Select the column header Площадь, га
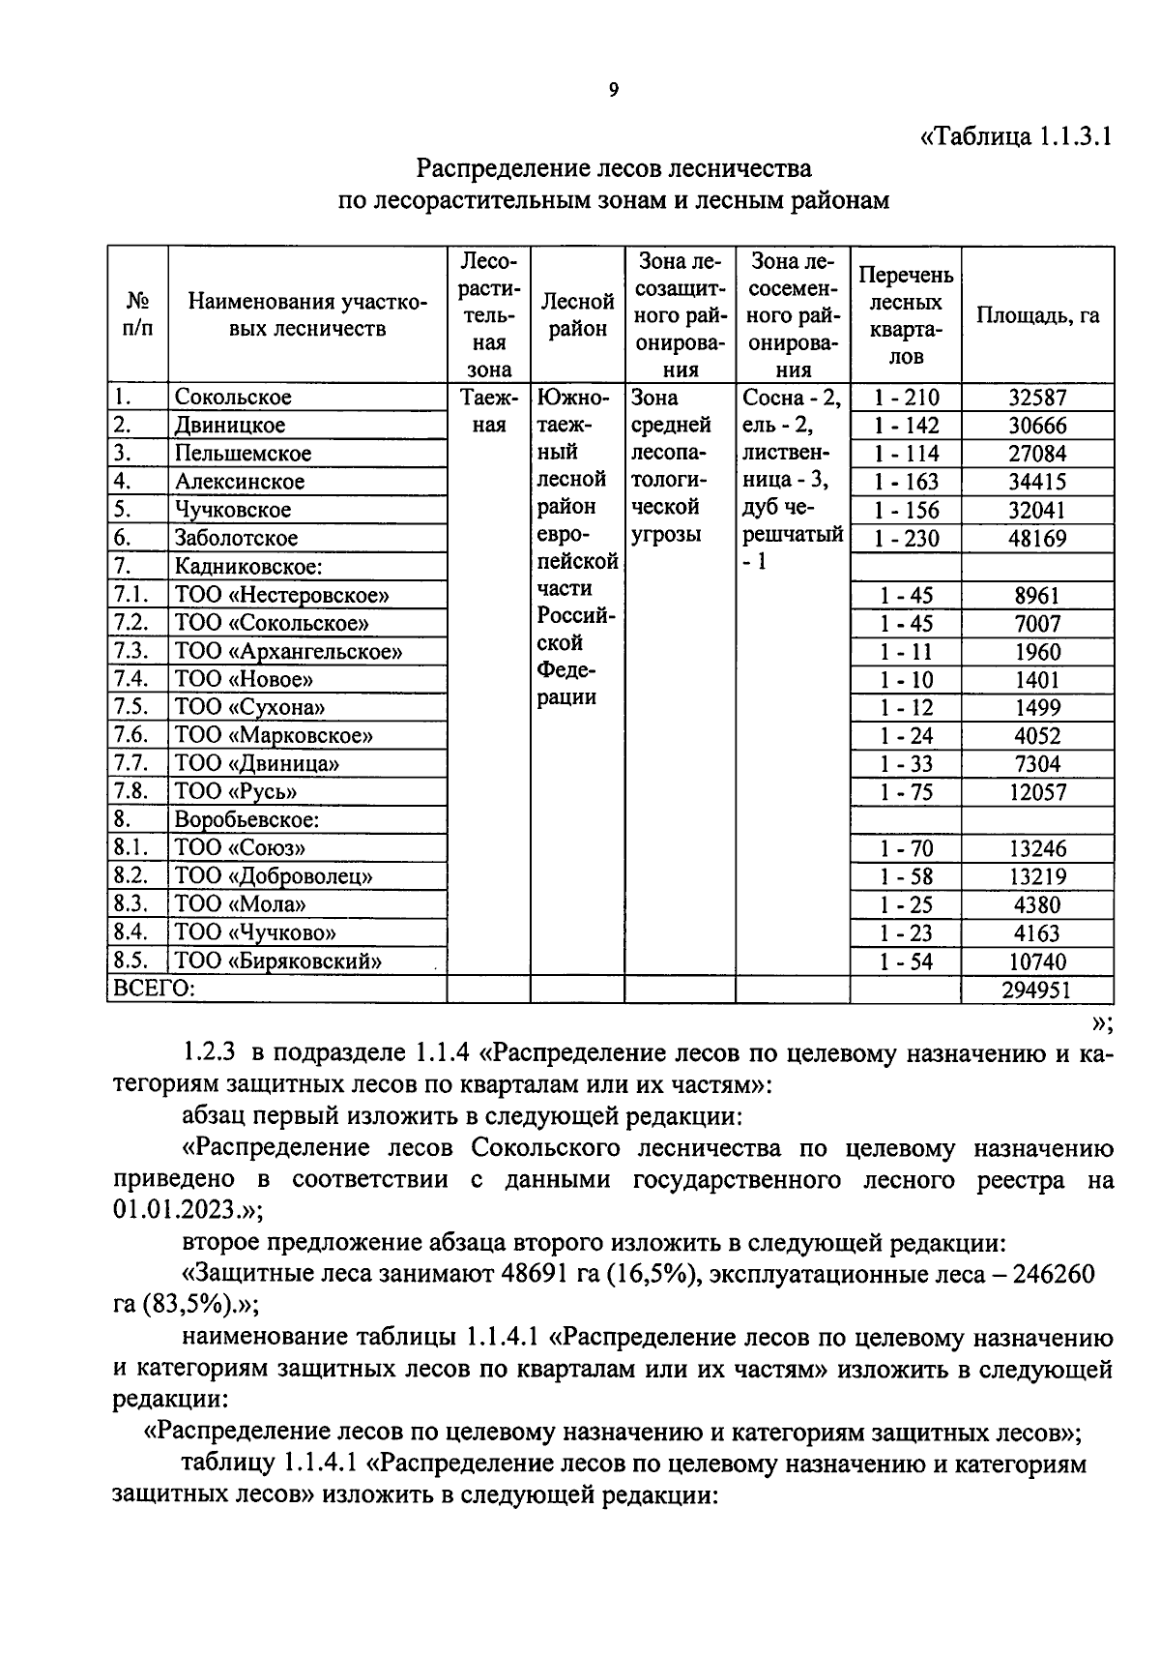[x=1037, y=315]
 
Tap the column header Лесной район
[x=578, y=315]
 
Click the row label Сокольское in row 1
[x=233, y=397]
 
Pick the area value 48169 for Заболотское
[x=1037, y=538]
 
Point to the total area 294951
[x=1037, y=990]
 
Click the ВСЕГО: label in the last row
[x=154, y=989]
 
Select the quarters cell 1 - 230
[x=906, y=538]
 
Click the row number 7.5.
[x=130, y=707]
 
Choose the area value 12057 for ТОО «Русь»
[x=1037, y=792]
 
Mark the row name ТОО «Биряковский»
[x=278, y=961]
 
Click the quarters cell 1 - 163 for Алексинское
[x=906, y=482]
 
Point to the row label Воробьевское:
[x=246, y=820]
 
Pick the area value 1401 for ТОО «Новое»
[x=1037, y=679]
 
